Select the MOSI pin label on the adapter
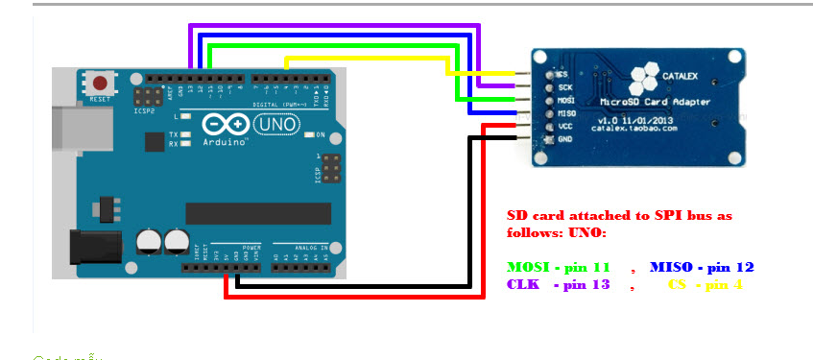(566, 99)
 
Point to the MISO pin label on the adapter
(566, 112)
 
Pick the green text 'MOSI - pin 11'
(559, 266)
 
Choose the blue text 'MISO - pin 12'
(702, 266)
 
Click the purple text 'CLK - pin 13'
(559, 285)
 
